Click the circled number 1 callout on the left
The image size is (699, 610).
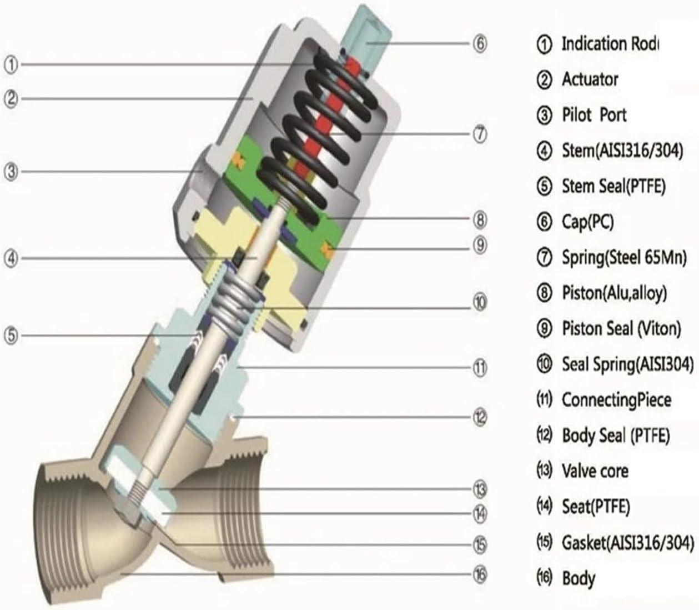(11, 64)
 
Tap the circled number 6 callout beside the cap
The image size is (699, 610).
(480, 43)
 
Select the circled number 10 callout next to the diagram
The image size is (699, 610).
(480, 302)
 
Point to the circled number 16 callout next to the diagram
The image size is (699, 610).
(480, 573)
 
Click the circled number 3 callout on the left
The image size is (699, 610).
(11, 171)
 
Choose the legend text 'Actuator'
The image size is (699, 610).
(590, 79)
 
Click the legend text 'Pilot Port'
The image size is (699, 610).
(594, 115)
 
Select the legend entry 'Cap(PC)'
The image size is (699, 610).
(588, 222)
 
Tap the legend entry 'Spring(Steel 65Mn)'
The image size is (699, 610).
(624, 257)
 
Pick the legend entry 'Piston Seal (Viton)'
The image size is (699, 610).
(621, 328)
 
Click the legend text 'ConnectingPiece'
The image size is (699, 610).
(616, 399)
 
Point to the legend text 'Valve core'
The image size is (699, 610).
(595, 471)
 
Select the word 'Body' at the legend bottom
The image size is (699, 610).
(579, 578)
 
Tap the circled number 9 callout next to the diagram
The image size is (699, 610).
(480, 244)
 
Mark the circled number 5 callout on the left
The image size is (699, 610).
(11, 336)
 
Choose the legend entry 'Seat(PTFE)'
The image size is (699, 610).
(596, 506)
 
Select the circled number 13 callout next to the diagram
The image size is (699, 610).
(480, 489)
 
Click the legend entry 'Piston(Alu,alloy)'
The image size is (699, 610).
(614, 293)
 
